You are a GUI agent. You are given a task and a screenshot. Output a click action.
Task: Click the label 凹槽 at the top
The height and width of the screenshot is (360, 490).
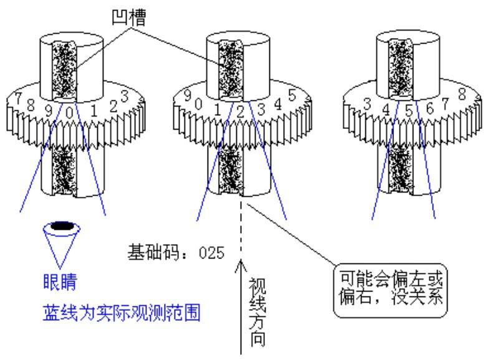click(x=129, y=18)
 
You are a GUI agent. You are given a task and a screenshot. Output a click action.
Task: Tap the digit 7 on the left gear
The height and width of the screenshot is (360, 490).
click(x=18, y=98)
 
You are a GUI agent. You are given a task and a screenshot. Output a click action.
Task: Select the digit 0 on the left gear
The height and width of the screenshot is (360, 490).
click(x=69, y=113)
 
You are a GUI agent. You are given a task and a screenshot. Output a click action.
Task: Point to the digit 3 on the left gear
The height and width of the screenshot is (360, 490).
click(x=125, y=96)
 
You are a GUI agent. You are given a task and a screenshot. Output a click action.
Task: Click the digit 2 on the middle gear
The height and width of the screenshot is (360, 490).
click(x=240, y=111)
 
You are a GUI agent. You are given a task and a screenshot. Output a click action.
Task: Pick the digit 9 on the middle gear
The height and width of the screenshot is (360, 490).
click(x=188, y=95)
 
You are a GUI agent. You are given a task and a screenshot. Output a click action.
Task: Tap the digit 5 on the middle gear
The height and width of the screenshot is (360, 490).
click(x=292, y=95)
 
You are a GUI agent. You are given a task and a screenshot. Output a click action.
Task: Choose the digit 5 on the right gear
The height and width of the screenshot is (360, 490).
click(x=409, y=110)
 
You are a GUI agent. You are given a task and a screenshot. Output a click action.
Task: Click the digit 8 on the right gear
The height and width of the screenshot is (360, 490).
click(x=462, y=94)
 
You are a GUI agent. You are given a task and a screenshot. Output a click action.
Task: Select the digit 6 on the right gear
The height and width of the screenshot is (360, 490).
click(x=430, y=108)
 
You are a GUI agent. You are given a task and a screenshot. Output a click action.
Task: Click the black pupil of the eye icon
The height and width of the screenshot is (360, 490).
click(x=62, y=225)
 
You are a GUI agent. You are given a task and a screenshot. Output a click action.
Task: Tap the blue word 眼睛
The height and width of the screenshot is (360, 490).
click(x=60, y=282)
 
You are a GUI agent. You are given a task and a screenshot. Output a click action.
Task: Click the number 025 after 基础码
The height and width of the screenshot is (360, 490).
click(x=212, y=252)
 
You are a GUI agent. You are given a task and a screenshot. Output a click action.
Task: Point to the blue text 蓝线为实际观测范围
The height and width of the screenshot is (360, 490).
click(x=121, y=313)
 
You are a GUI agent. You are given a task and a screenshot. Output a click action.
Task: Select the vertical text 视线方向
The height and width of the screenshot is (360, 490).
click(x=257, y=312)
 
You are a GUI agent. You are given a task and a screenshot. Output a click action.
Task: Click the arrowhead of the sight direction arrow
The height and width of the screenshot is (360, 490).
click(x=241, y=265)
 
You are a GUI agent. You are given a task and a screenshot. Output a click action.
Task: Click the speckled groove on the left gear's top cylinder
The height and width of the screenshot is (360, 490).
click(x=64, y=70)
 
